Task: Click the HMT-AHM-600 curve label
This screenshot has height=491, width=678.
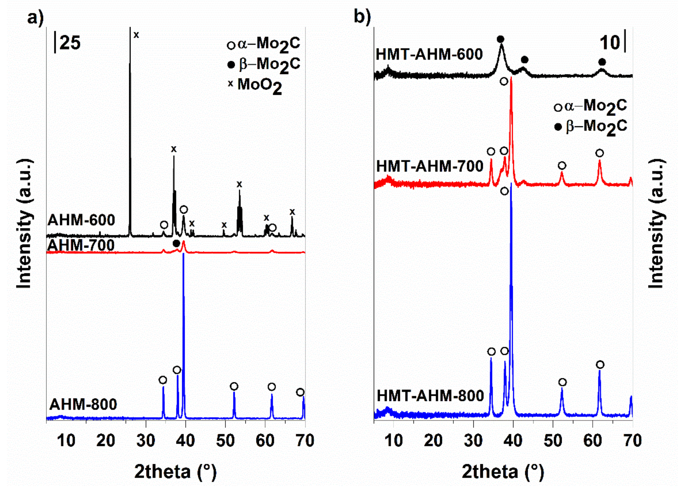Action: click(x=429, y=54)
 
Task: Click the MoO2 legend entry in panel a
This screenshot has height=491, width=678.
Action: click(x=256, y=85)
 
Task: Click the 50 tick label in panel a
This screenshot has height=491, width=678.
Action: click(x=225, y=441)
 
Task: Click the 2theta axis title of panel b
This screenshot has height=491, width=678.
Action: click(x=503, y=472)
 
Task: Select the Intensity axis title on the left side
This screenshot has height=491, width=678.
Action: click(x=24, y=224)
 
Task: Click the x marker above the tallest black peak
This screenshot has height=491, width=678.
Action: click(x=136, y=35)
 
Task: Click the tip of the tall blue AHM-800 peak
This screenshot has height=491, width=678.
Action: click(x=183, y=258)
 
